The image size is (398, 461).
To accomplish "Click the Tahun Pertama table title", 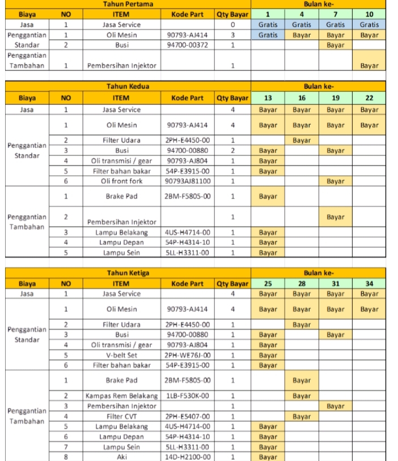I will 128,4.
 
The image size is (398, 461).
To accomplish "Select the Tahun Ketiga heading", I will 128,273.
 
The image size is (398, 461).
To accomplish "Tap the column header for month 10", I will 369,14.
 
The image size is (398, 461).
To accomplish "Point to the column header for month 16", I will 302,98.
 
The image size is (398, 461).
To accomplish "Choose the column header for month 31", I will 335,283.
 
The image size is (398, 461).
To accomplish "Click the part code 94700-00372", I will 188,45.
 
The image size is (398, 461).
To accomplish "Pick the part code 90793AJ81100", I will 188,181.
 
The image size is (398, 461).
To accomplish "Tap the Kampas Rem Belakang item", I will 121,395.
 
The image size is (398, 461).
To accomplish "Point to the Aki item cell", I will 121,456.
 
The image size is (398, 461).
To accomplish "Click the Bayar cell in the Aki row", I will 268,456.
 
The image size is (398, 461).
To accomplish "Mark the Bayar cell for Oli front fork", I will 335,181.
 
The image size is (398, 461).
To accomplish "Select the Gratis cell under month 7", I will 335,24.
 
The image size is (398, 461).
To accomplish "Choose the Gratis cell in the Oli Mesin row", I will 268,35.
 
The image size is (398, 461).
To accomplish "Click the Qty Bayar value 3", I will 233,35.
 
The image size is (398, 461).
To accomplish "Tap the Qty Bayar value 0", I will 233,25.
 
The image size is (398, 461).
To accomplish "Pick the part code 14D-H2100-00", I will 188,456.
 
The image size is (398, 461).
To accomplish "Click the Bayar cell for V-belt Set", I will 268,355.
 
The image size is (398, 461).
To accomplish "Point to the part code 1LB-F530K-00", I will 188,395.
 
